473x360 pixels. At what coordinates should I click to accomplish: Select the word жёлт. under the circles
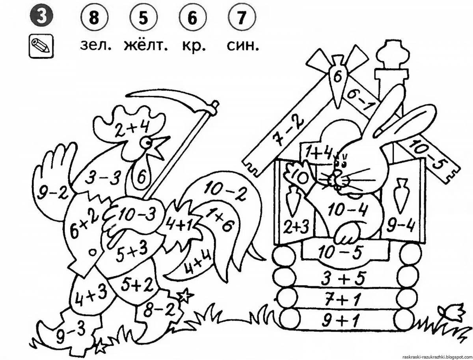pos(145,46)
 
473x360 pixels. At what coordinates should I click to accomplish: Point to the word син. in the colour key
pos(243,46)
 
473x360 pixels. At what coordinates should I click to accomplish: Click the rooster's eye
pos(147,141)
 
